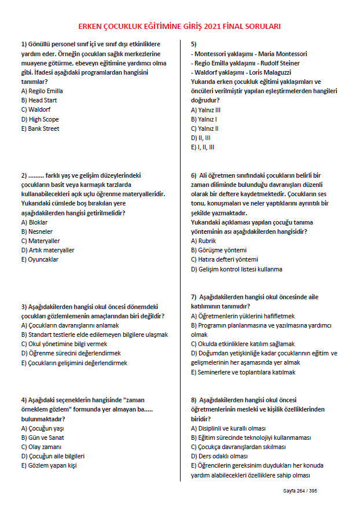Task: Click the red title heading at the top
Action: pyautogui.click(x=179, y=26)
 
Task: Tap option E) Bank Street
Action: pyautogui.click(x=40, y=128)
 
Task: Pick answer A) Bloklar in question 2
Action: pyautogui.click(x=34, y=222)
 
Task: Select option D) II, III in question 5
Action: pyautogui.click(x=200, y=138)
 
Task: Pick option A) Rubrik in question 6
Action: pyautogui.click(x=203, y=241)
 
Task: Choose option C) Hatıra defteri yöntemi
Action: pyautogui.click(x=224, y=259)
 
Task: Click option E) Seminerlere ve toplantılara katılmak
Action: pyautogui.click(x=243, y=372)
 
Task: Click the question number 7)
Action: pyautogui.click(x=194, y=297)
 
